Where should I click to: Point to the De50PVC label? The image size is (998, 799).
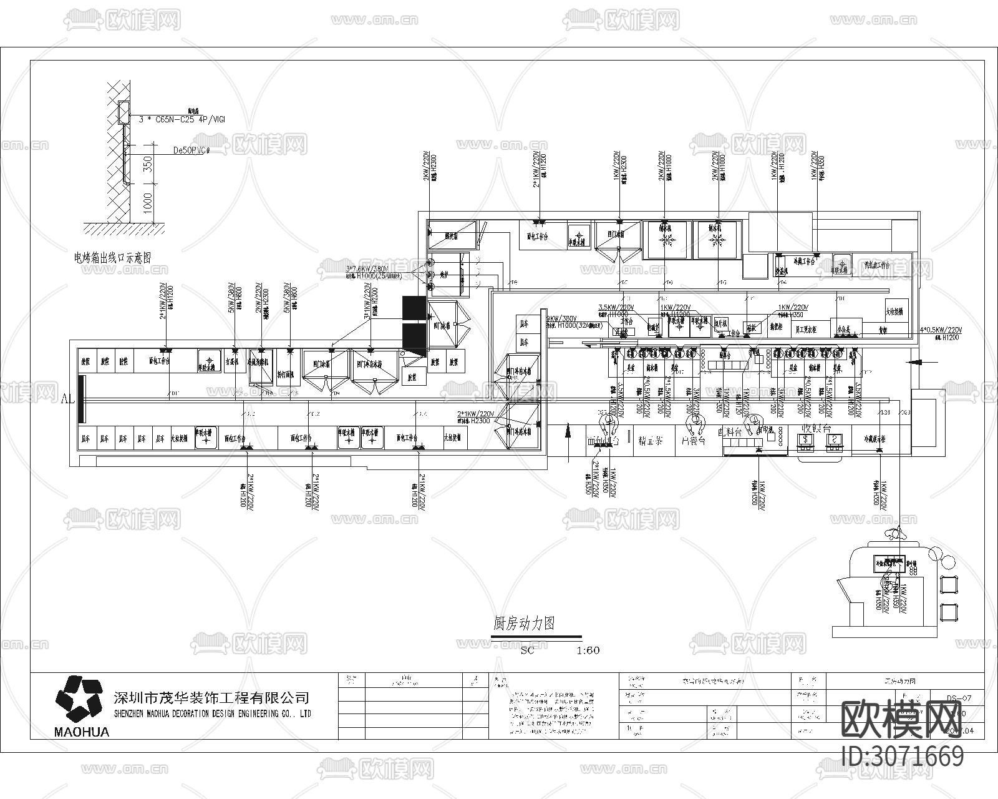[192, 150]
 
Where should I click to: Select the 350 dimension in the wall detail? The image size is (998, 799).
[148, 164]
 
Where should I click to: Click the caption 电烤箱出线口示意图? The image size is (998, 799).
[113, 257]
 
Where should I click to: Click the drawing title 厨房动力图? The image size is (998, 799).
[524, 623]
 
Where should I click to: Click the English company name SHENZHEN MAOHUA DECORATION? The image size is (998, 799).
[212, 714]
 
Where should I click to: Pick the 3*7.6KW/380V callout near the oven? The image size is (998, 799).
[373, 269]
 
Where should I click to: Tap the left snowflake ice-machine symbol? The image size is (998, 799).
[666, 240]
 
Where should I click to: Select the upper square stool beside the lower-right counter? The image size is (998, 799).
[949, 584]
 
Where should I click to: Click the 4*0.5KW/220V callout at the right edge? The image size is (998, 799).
[941, 330]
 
